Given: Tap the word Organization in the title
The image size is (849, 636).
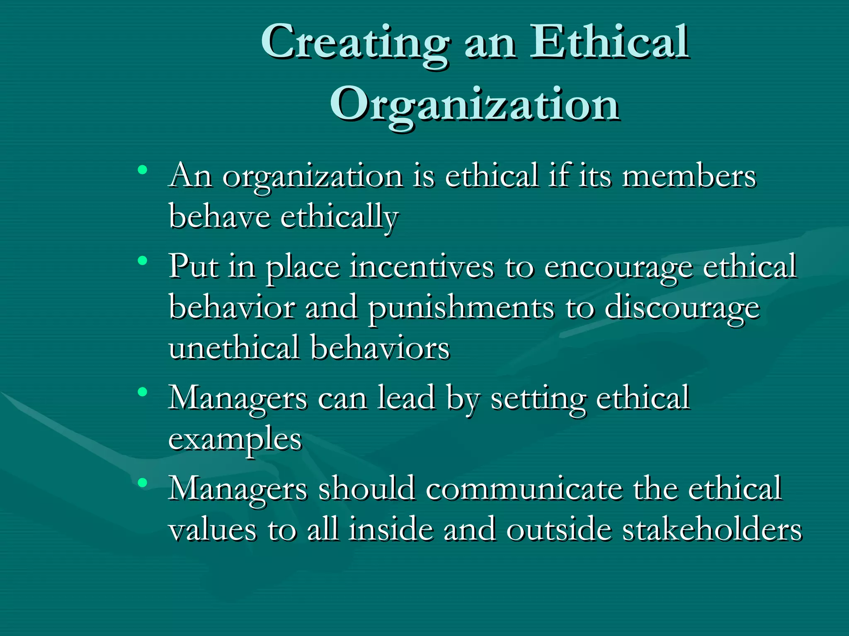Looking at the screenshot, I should [475, 104].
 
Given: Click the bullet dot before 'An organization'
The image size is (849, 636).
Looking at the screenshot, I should [143, 169].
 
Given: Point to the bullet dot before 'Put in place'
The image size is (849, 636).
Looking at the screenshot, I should [143, 260].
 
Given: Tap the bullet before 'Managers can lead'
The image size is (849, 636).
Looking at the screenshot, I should [143, 392].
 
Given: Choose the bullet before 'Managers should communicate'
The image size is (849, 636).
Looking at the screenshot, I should [143, 482].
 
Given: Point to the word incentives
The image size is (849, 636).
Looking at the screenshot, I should [422, 267].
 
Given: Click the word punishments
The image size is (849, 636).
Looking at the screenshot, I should [461, 308].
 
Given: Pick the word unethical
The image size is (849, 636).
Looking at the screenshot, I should [234, 348].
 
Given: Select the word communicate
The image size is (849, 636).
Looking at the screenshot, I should [524, 489].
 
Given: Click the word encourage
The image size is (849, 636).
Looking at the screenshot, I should [618, 267].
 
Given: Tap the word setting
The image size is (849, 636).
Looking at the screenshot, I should [539, 398].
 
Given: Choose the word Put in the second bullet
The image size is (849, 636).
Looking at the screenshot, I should [193, 267].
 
